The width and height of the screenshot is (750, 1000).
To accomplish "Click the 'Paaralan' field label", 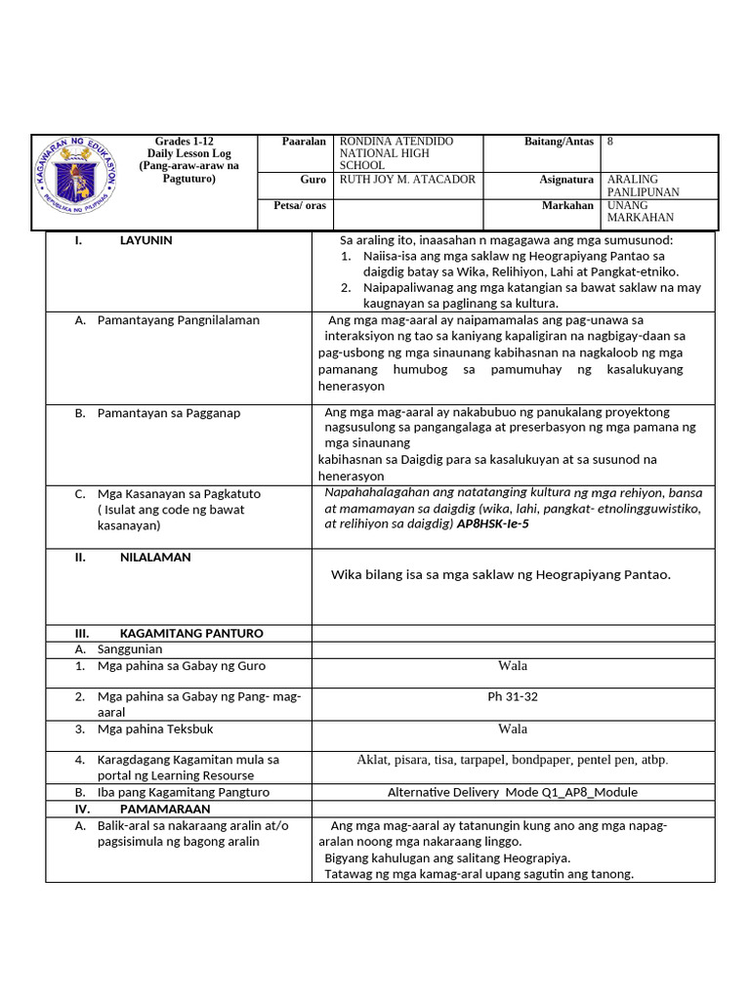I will coord(304,142).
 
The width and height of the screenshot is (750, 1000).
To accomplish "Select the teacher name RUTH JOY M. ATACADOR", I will coord(407,180).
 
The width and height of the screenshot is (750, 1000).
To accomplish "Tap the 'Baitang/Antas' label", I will coord(559,142).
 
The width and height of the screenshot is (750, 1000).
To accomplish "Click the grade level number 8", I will coord(610,142).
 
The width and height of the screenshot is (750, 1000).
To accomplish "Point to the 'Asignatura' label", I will coord(566,180).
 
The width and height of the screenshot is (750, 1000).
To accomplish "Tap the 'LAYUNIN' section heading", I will coord(146,240).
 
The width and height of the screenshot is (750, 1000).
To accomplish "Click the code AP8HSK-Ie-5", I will coord(493,523).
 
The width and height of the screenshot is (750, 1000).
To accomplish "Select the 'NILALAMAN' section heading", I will coord(155,557).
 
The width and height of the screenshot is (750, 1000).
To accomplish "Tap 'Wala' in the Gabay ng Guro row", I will coord(513,665).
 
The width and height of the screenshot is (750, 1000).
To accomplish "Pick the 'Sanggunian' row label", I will coord(130,648).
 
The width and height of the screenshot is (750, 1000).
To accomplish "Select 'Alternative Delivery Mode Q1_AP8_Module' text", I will coord(513,792).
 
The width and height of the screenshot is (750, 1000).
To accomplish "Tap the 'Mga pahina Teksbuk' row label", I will coord(155,729).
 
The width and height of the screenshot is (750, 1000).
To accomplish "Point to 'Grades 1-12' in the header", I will coord(183,142).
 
